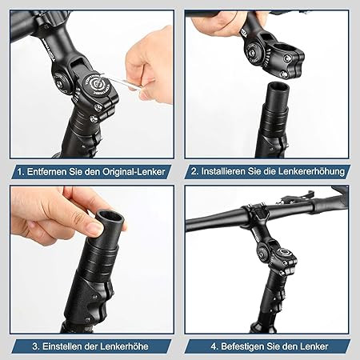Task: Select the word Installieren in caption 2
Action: [226, 172]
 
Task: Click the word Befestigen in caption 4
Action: [242, 346]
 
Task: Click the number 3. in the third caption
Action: [37, 346]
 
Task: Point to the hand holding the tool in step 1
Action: [152, 60]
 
